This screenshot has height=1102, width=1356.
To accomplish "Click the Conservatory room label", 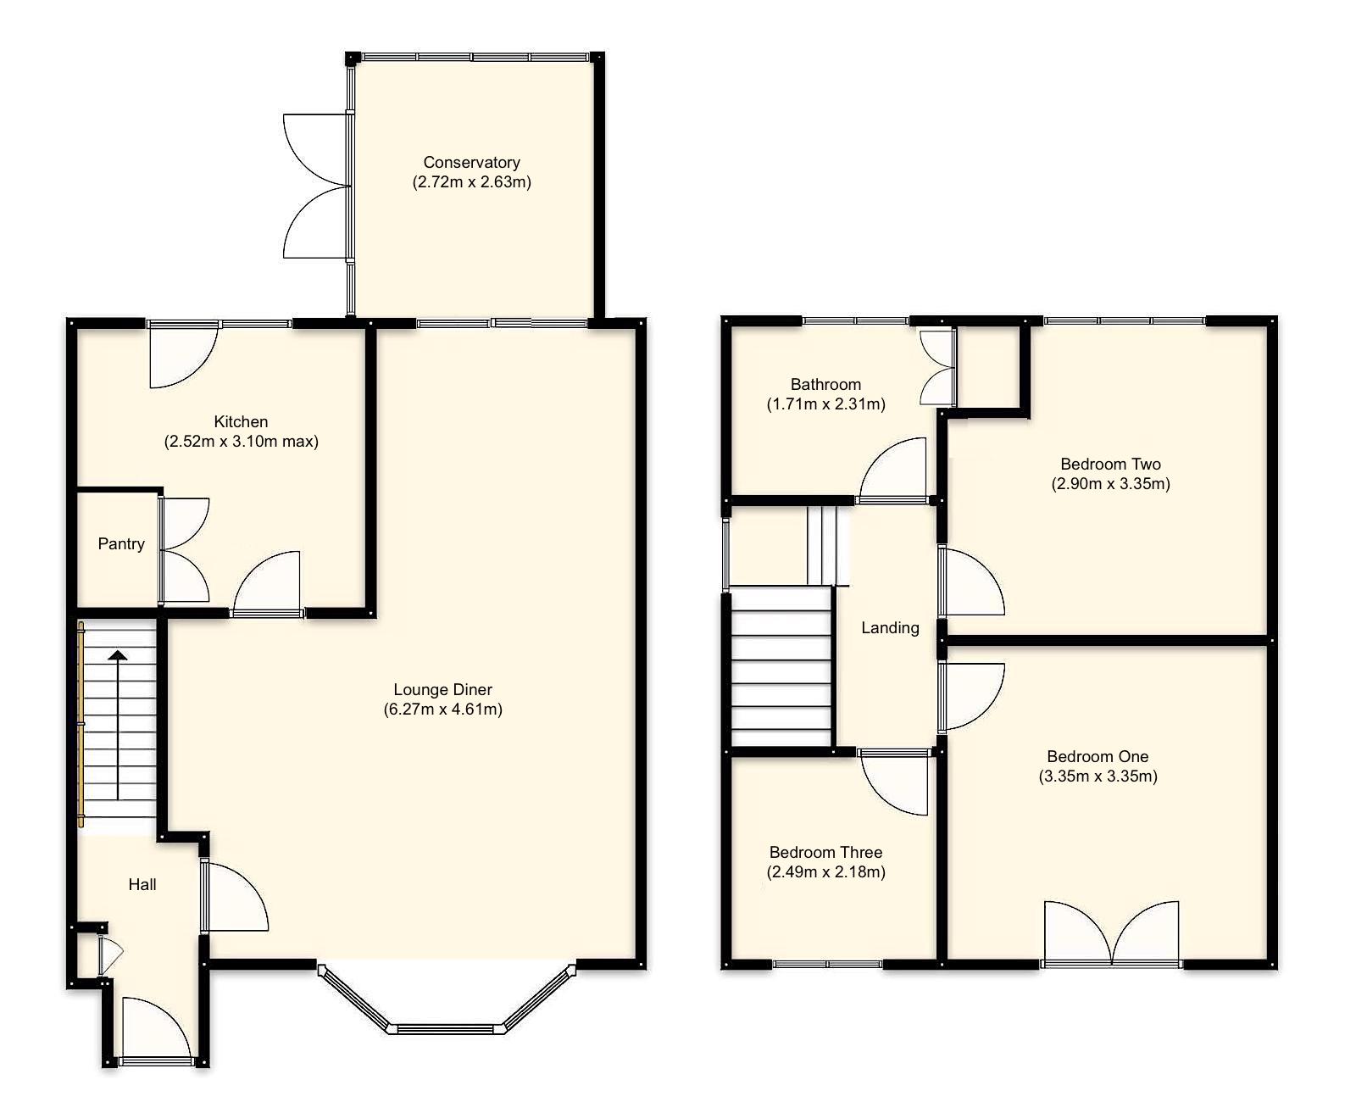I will pos(471,162).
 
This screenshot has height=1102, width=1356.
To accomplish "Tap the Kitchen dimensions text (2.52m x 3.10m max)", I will pos(241,442).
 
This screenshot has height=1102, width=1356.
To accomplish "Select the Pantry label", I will pos(121,544).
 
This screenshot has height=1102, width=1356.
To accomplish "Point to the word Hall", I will pos(142,885).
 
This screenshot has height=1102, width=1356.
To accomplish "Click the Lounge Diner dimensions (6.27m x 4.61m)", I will pos(442,710).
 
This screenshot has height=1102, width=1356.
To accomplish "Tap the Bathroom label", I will pos(825,384).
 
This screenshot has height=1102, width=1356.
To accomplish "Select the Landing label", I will pos(890,628).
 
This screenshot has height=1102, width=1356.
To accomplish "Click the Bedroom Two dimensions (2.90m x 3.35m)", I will pos(1110,484).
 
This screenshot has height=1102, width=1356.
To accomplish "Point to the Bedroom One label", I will pos(1098,757).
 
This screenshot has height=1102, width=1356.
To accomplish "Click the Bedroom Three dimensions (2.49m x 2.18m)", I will pos(826,872).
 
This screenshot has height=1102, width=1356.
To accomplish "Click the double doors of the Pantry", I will pos(183,551).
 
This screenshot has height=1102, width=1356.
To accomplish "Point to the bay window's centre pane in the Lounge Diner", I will pos(447,1029).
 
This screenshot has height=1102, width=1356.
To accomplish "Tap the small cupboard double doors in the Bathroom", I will pos(938,367).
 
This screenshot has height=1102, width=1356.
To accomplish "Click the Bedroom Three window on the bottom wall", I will pos(827,964).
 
